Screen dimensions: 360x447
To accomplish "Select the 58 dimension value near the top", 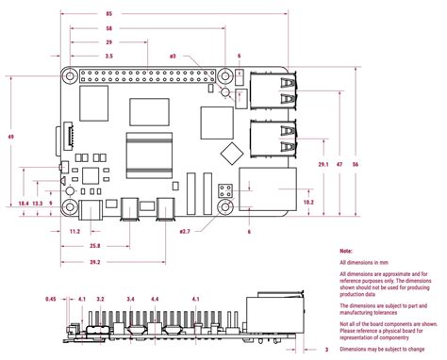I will [137, 29].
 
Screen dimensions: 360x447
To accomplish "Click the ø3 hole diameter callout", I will [173, 57].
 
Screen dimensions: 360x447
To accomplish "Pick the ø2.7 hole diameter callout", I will [185, 231].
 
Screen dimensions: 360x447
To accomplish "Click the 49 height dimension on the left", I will [11, 137].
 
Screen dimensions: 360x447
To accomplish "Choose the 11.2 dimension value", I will [74, 231].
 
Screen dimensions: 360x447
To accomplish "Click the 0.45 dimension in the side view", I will [51, 299].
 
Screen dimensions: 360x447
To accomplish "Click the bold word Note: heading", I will [346, 251].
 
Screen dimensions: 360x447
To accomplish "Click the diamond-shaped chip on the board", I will [227, 153].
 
